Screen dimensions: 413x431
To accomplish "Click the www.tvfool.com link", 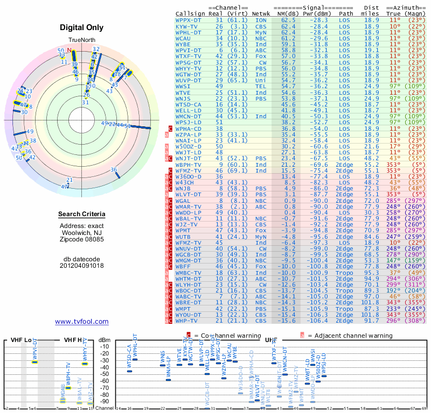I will pyautogui.click(x=82, y=322).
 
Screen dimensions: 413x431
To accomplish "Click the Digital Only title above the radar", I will pyautogui.click(x=81, y=27).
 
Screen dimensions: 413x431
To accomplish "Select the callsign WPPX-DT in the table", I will pyautogui.click(x=189, y=20).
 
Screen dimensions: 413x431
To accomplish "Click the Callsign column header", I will pyautogui.click(x=190, y=13).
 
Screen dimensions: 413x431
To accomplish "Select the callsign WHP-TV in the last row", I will pyautogui.click(x=187, y=321).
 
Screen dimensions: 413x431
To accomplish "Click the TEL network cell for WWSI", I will pyautogui.click(x=261, y=86).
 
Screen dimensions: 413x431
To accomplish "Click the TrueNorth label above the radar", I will pyautogui.click(x=81, y=45).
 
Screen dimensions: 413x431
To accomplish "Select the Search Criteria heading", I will pyautogui.click(x=82, y=215).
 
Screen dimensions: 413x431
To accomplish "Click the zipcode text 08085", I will pyautogui.click(x=94, y=239).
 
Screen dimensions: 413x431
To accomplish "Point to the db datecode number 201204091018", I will pyautogui.click(x=82, y=265).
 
